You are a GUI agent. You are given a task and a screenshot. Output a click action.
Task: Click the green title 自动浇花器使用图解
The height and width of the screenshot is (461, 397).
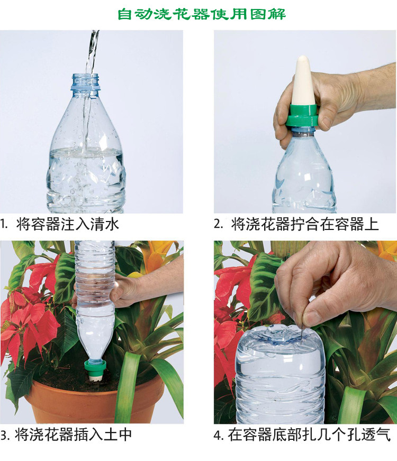click(202, 14)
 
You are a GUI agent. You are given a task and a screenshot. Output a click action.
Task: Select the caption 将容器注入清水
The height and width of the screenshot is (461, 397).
click(68, 224)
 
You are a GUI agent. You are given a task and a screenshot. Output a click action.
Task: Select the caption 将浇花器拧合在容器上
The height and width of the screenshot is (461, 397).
click(304, 224)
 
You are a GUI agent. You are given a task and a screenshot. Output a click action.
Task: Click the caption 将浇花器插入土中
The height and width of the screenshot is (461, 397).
click(73, 435)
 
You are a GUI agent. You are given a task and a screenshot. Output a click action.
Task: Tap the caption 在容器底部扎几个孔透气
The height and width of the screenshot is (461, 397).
click(309, 435)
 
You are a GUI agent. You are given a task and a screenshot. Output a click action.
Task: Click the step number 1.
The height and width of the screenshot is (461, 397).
click(4, 225)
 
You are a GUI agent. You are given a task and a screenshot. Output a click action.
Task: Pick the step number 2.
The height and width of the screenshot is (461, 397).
click(218, 225)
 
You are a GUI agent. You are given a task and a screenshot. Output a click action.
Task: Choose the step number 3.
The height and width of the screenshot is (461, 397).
click(4, 435)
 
